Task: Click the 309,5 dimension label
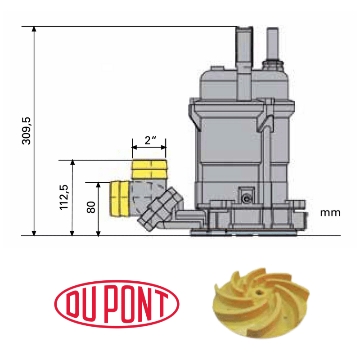coord(27,131)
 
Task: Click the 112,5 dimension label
coord(64,197)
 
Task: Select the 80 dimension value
coord(91,208)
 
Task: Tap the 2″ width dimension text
coord(150,139)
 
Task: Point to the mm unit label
coord(330,213)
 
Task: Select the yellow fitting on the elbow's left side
coord(120,198)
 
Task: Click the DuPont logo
coord(117,302)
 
